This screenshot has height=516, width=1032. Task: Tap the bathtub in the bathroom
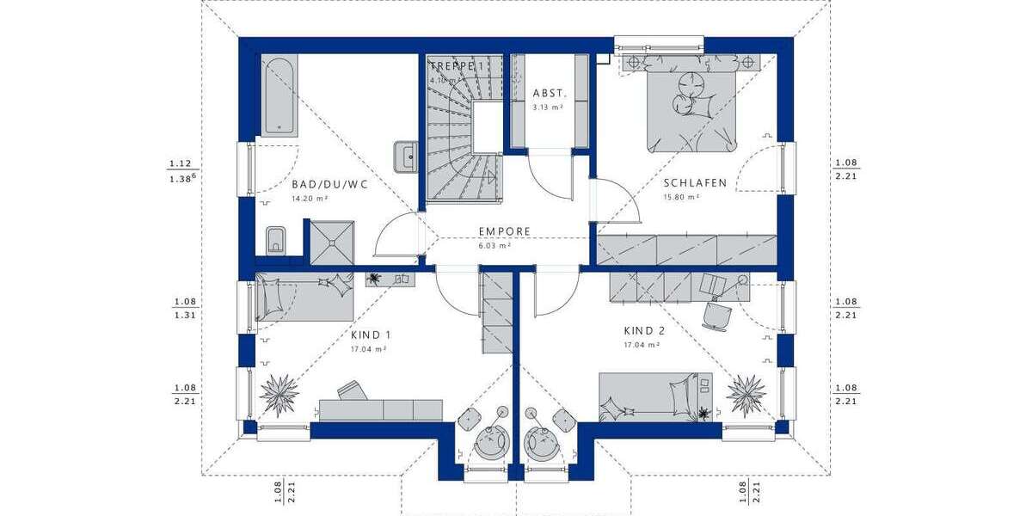point(277,95)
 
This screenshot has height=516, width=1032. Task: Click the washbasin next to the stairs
point(406,157)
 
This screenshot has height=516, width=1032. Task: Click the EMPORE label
point(504,231)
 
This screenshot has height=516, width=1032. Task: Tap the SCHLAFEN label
point(695,183)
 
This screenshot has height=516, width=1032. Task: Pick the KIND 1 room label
point(372,335)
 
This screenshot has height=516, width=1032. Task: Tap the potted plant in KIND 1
point(279,393)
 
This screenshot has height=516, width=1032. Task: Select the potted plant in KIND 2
point(746,394)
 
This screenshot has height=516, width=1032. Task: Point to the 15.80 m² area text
point(680,197)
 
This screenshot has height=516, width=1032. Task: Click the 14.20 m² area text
point(309,198)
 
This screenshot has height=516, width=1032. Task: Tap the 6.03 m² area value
point(495,245)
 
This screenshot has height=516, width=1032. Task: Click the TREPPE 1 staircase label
point(458,65)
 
